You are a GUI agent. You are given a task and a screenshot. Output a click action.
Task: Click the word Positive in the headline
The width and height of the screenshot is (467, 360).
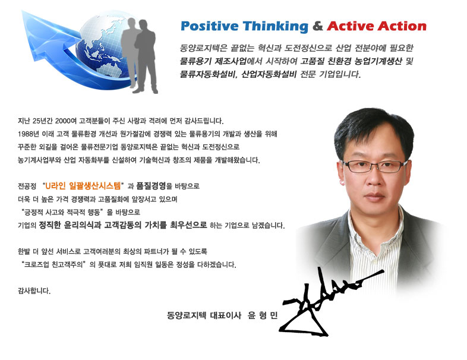click(x=209, y=26)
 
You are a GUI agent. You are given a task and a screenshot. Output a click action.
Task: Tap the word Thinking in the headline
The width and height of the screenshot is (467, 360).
click(x=275, y=27)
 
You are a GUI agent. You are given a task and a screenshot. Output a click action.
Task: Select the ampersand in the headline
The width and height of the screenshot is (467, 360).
click(x=317, y=26)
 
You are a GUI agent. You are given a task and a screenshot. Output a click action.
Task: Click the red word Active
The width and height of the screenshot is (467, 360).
click(x=349, y=26)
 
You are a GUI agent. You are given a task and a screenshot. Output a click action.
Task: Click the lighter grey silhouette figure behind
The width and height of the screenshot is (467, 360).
click(x=130, y=50)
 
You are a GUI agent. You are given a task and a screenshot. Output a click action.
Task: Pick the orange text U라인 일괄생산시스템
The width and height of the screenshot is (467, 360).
click(x=83, y=186)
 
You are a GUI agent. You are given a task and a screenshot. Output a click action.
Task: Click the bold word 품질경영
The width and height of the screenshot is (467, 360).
click(x=151, y=186)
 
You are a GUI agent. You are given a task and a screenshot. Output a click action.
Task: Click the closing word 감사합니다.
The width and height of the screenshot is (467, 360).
click(x=34, y=290)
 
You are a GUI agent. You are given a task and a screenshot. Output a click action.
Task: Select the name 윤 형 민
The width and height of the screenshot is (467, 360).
click(x=263, y=315)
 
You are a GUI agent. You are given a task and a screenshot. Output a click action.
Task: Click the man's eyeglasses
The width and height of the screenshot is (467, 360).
click(x=374, y=166)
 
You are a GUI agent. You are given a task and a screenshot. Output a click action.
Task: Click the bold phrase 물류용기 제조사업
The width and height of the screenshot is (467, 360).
click(x=213, y=61)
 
